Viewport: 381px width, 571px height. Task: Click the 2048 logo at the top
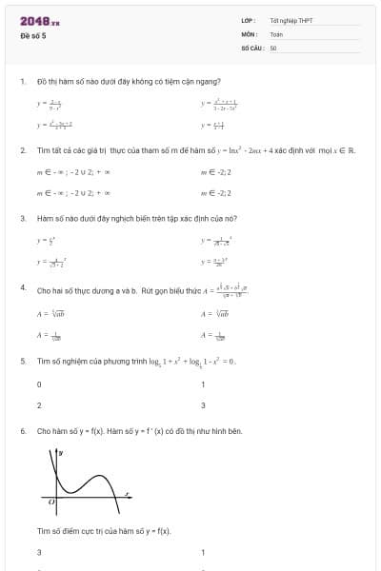40,20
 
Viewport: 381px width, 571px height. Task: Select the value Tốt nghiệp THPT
291,20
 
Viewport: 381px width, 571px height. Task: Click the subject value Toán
276,33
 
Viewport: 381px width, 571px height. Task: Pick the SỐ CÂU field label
251,47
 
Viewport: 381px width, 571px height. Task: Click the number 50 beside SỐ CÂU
273,47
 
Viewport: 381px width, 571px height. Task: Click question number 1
22,81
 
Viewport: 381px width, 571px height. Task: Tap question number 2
22,150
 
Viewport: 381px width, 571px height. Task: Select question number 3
22,218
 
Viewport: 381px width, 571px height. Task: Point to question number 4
22,286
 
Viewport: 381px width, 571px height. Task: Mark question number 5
22,362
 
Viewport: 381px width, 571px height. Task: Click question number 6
22,430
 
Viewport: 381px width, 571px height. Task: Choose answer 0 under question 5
39,384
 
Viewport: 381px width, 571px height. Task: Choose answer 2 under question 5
39,405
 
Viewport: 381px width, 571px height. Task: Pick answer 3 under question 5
203,405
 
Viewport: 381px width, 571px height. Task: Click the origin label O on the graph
51,500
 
